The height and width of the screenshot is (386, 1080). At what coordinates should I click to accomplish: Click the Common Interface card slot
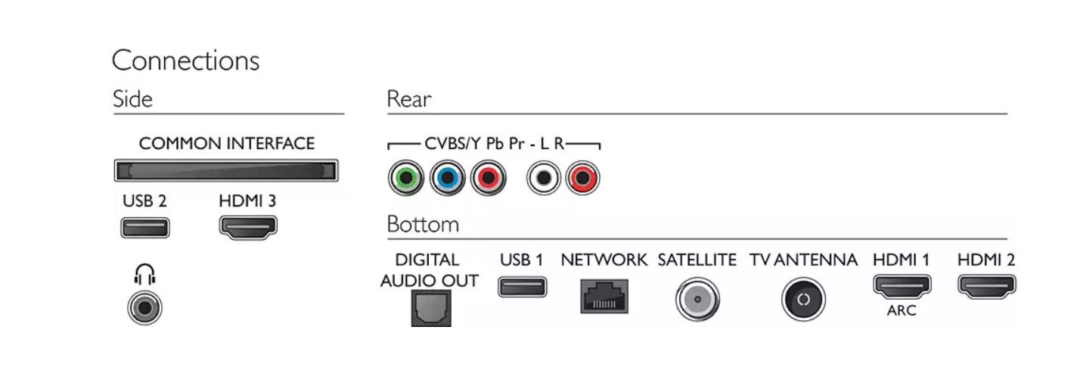pos(226,171)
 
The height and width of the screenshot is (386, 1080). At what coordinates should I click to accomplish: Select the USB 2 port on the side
pos(145,228)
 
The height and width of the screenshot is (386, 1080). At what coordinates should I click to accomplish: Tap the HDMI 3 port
pos(248,227)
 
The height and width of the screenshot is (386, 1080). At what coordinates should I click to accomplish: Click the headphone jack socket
pos(144,308)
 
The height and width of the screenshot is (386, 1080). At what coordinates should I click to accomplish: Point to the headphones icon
pos(144,274)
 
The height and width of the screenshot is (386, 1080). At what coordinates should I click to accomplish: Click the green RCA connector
pos(406,178)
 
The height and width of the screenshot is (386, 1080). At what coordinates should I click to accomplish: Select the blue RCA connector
pos(448,178)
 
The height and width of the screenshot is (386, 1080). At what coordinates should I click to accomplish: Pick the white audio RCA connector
pos(543,178)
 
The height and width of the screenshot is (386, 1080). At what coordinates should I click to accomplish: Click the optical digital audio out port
pos(431,308)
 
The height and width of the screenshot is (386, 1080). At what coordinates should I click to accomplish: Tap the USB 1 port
pos(522,287)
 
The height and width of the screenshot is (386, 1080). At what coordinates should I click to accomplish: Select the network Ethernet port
pos(604,296)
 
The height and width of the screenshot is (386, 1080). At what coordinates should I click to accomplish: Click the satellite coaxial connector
pos(697,299)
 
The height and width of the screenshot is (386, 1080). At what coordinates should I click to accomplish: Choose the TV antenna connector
pos(803,299)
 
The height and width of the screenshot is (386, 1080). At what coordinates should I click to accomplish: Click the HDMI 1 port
pos(902,287)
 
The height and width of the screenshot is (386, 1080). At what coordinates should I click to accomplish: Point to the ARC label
pos(902,310)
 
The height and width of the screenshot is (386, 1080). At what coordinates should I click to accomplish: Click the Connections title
pos(185,61)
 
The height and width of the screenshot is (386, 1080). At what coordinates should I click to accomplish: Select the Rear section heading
pos(409,99)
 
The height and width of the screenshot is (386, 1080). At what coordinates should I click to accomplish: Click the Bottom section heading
pos(423,224)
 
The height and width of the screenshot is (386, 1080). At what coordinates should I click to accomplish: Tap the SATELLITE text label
pos(697,260)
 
